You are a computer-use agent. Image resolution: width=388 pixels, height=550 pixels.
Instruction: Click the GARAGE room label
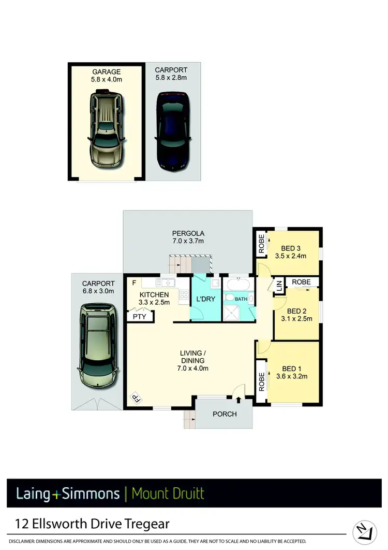click(107, 72)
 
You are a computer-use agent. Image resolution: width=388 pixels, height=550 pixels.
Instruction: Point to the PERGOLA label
click(188, 233)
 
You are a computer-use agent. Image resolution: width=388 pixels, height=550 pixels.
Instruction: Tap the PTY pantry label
click(139, 316)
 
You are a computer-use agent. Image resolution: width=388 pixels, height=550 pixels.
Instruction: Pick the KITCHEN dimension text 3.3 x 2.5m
click(155, 303)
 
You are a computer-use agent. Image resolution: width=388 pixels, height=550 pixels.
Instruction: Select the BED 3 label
click(291, 248)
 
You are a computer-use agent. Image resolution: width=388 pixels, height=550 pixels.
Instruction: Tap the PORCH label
click(225, 414)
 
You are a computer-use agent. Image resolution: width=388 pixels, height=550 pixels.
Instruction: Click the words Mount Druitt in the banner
click(168, 493)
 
